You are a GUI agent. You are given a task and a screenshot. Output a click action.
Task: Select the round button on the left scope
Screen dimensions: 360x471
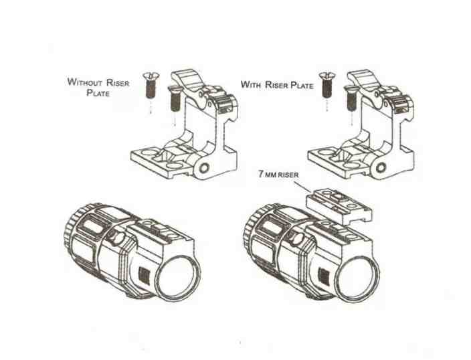pos(114,236)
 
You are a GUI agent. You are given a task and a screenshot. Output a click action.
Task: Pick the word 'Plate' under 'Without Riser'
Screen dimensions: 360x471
pos(99,94)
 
